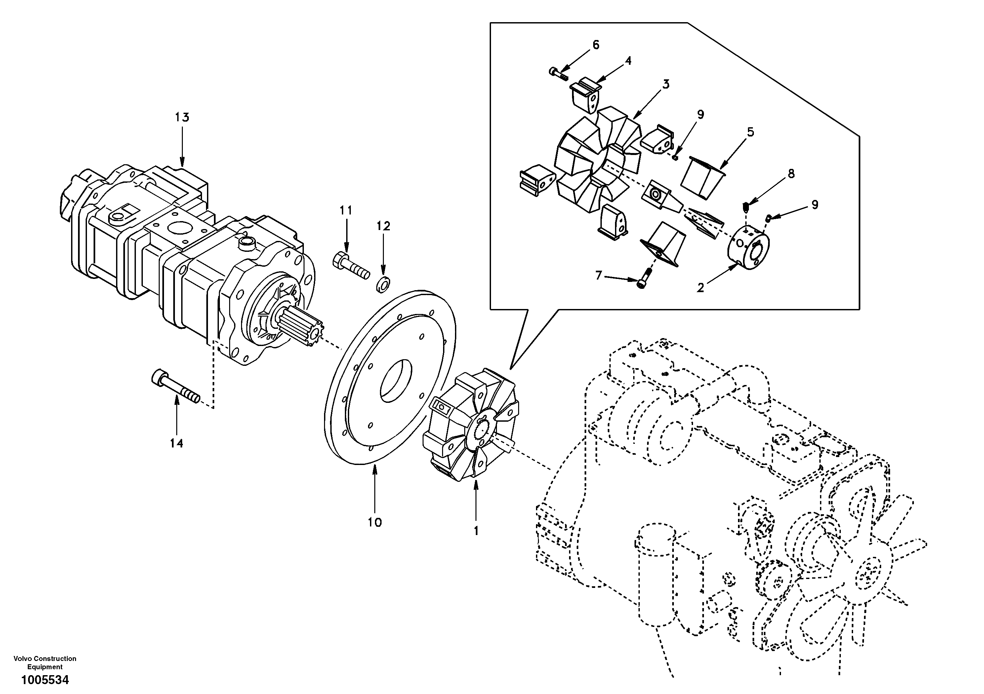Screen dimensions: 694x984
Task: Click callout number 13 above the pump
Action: point(182,117)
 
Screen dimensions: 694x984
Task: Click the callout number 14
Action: point(176,443)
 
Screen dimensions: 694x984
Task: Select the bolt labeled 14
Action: point(176,386)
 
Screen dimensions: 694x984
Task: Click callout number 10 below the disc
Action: point(374,522)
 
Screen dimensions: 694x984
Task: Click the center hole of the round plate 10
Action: point(395,380)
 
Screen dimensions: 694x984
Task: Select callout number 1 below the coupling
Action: point(476,531)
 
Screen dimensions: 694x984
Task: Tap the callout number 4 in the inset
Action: point(628,61)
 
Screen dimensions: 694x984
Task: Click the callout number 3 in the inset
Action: point(665,84)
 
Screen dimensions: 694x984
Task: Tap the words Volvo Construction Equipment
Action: point(45,662)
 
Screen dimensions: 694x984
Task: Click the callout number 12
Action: point(384,226)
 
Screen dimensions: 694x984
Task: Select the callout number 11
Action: point(346,210)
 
